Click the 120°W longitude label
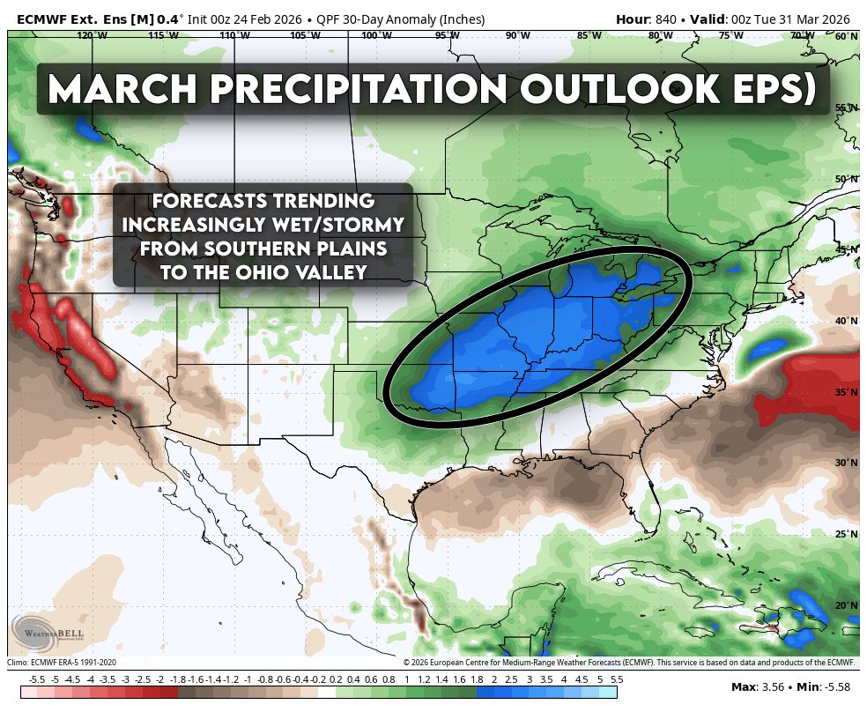[x=86, y=35]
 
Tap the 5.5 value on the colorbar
[x=617, y=679]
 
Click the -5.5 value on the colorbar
[x=37, y=679]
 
